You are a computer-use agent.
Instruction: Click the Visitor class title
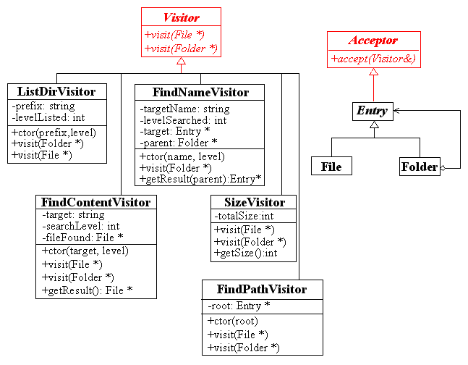point(181,17)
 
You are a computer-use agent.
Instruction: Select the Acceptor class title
point(373,41)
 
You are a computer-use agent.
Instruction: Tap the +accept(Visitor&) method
point(373,59)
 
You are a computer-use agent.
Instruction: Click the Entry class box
point(373,112)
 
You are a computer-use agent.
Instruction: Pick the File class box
point(331,166)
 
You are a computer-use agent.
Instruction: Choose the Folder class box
point(420,167)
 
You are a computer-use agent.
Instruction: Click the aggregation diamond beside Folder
point(443,168)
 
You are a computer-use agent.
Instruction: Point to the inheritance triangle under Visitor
point(181,61)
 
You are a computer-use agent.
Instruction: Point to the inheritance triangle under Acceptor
point(373,72)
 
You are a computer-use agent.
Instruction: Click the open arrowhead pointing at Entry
point(396,111)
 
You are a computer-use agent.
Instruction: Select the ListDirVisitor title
point(56,91)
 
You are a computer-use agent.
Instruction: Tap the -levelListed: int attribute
point(48,117)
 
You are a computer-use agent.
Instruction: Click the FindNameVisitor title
point(200,93)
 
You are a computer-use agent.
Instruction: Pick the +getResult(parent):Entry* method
point(200,179)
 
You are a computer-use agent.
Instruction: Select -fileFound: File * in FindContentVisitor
point(82,238)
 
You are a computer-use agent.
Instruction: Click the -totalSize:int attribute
point(244,216)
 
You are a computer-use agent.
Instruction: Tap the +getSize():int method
point(246,253)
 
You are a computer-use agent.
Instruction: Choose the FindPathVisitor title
point(262,290)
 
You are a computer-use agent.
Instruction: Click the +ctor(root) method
point(233,321)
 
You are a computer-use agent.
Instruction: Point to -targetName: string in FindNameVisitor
point(184,109)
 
